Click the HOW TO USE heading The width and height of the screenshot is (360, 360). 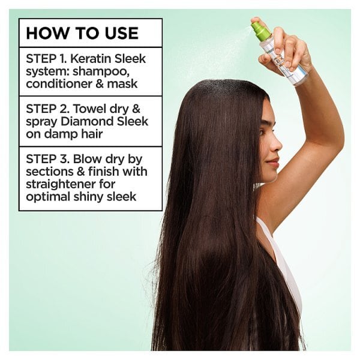(82, 33)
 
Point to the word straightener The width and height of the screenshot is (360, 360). (56, 185)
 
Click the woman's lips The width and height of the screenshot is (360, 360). (274, 161)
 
